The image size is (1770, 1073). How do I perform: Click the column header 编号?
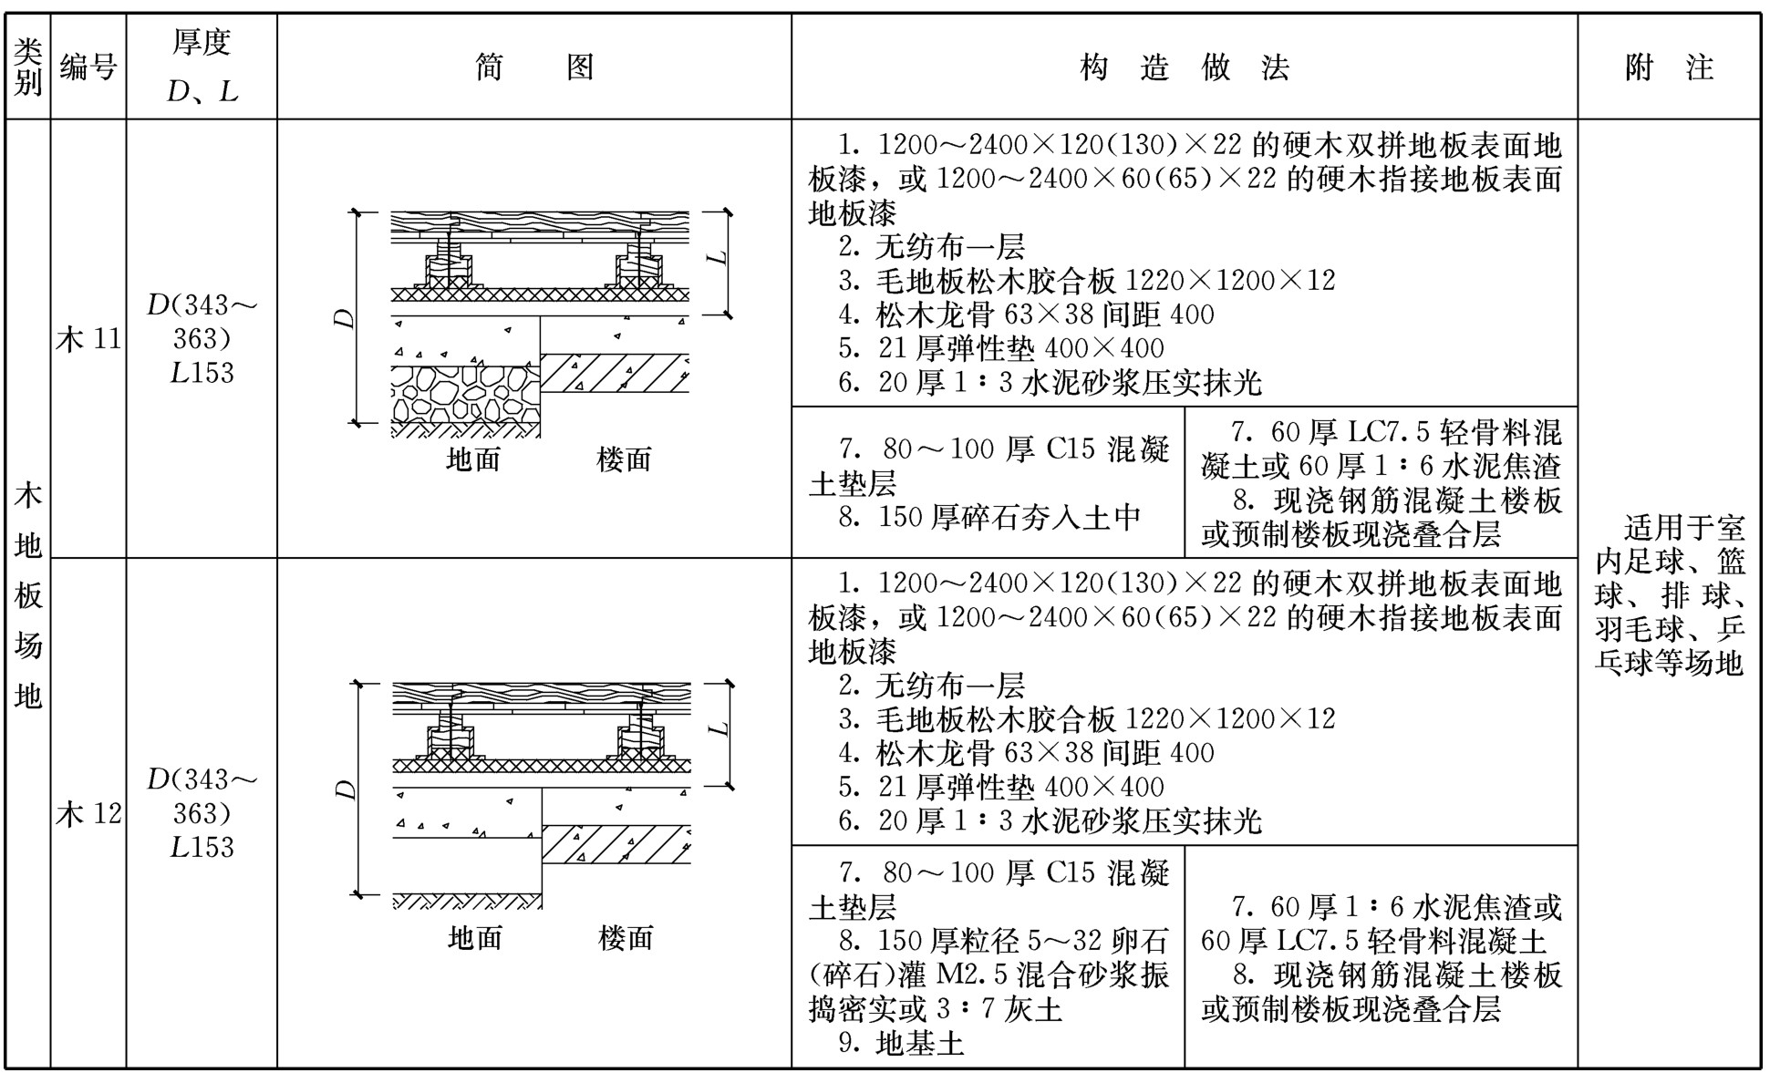[x=88, y=67]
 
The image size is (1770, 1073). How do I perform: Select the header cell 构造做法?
[x=1184, y=67]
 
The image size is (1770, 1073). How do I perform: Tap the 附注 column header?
[x=1669, y=67]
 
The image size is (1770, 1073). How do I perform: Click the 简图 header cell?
[x=534, y=67]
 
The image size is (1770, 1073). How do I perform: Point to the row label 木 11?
[x=88, y=339]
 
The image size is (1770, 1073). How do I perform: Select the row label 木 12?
[x=88, y=812]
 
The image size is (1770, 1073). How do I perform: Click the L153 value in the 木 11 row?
[x=202, y=372]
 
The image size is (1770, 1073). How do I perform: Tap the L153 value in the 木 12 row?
[x=202, y=846]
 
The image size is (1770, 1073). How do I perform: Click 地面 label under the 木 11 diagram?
[x=473, y=459]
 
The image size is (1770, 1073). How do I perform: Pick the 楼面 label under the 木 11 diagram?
[x=625, y=459]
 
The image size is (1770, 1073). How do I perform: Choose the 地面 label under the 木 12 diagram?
[x=475, y=937]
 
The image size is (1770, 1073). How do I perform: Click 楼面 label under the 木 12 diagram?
[x=626, y=937]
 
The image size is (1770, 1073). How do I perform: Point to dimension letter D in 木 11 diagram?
[x=343, y=318]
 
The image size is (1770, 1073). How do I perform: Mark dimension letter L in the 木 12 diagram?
[x=719, y=729]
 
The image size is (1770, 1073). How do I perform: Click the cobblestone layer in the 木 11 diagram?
[x=466, y=394]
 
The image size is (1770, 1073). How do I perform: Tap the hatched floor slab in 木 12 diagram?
[x=616, y=844]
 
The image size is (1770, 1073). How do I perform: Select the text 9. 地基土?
[x=901, y=1043]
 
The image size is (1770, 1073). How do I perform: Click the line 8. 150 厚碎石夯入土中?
[x=990, y=517]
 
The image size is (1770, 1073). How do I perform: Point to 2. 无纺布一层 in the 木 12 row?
[x=932, y=685]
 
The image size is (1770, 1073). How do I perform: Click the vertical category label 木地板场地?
[x=28, y=595]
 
